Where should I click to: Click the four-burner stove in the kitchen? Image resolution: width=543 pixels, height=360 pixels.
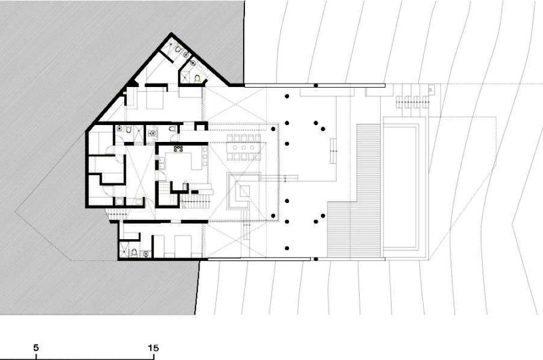pos(179,147)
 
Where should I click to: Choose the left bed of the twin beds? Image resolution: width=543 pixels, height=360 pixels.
pos(162,245)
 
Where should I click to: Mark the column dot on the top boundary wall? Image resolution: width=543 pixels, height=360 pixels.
pos(316,86)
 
